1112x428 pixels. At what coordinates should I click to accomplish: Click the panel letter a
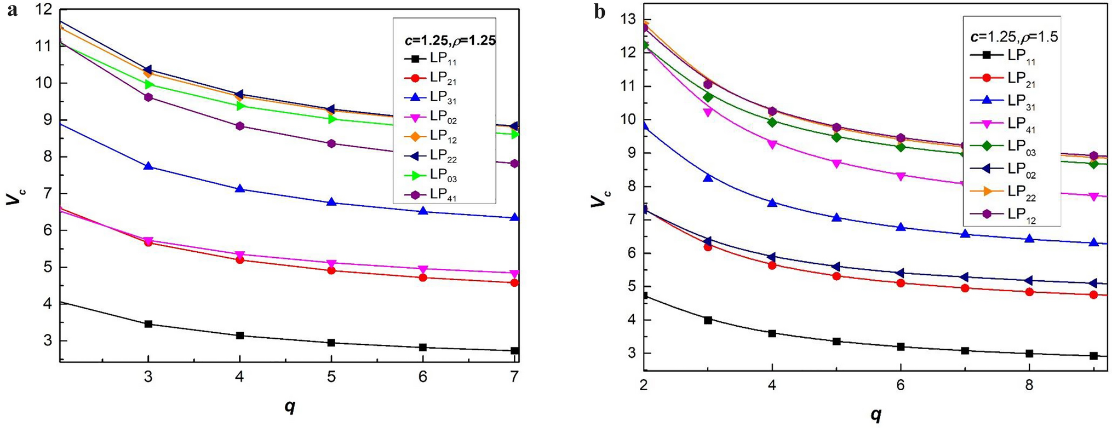click(12, 11)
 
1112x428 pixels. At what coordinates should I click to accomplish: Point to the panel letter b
click(600, 12)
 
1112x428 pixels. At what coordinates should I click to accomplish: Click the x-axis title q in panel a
click(289, 407)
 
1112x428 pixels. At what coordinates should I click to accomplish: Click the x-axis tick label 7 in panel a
click(514, 378)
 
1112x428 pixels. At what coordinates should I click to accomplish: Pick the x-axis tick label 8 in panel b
click(1029, 385)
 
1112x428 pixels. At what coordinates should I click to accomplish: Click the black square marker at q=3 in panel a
click(148, 324)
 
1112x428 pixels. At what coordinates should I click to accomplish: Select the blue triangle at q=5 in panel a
click(331, 202)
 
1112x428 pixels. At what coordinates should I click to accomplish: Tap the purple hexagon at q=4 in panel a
click(239, 126)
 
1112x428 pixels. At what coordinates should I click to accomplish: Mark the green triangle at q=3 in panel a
click(148, 84)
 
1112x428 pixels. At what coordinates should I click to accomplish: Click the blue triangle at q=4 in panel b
click(772, 203)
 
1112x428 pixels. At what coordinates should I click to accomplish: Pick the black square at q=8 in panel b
click(1029, 354)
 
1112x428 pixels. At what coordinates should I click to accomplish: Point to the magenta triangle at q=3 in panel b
click(708, 112)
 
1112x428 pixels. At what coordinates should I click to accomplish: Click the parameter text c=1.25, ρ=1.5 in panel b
click(1013, 37)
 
